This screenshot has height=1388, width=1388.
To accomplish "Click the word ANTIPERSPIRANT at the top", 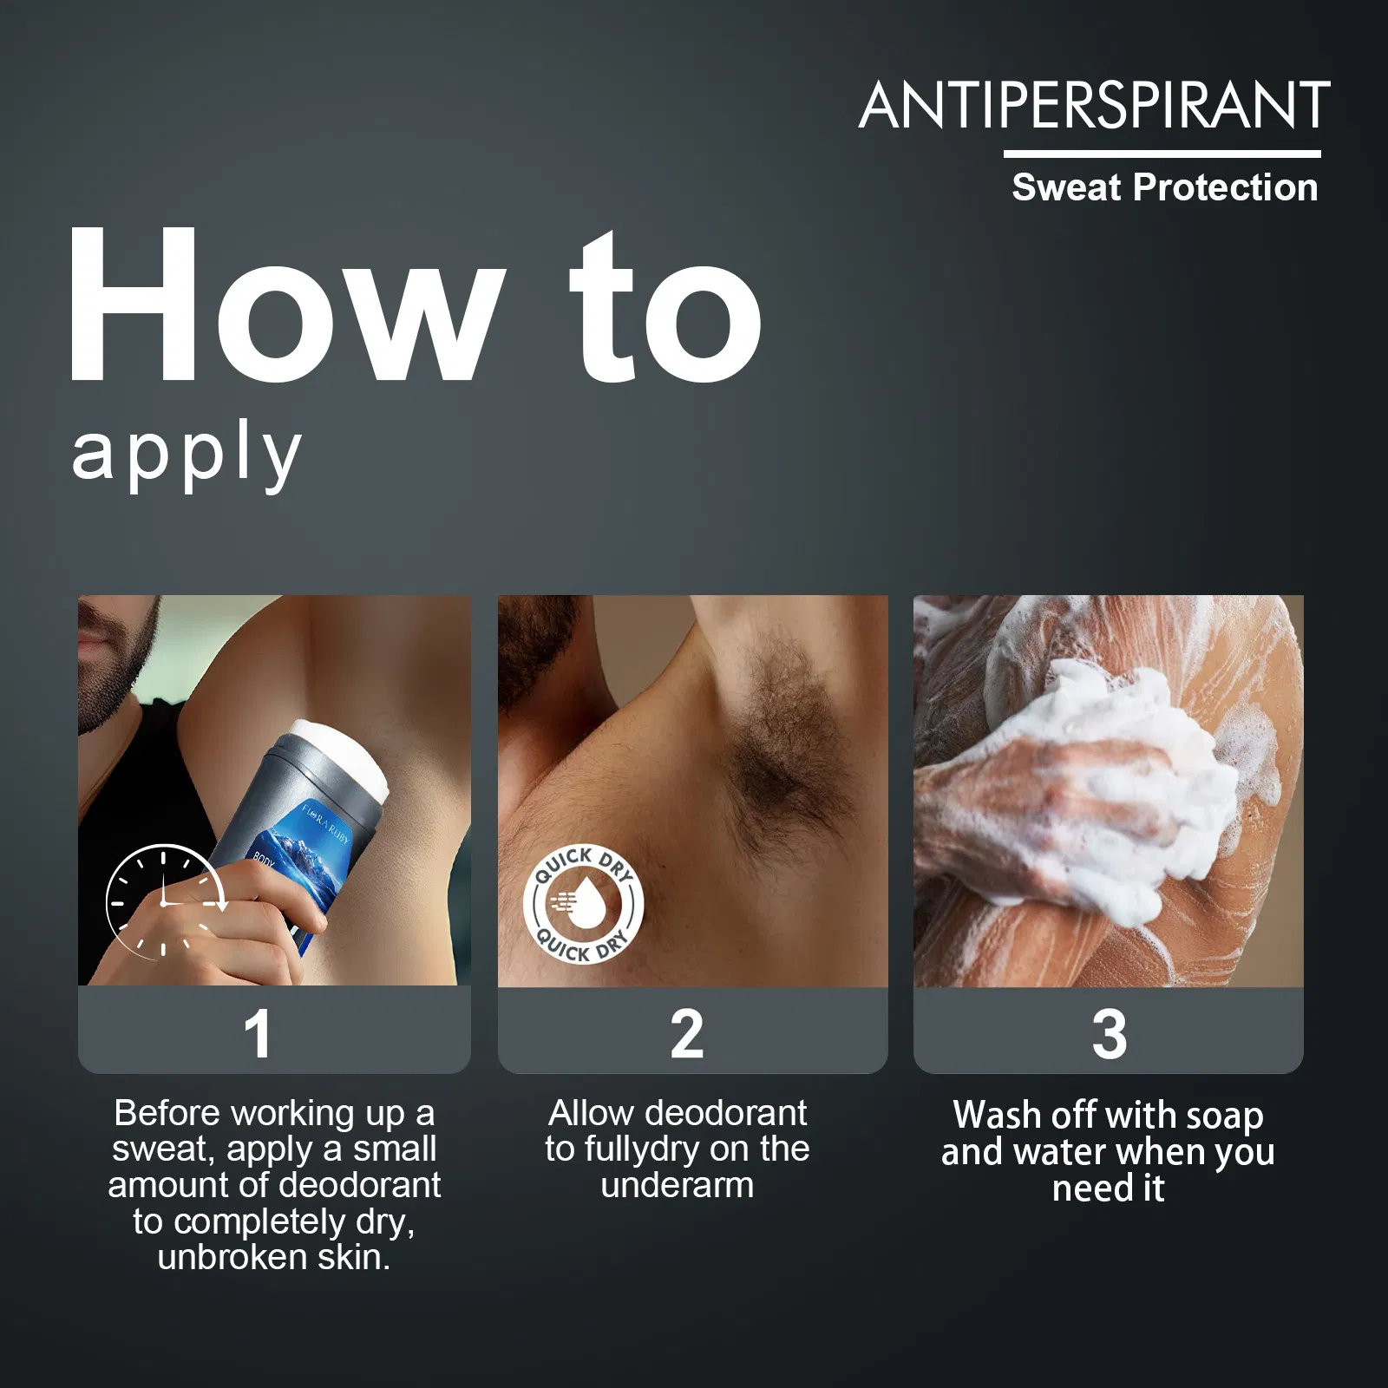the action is (x=1095, y=106).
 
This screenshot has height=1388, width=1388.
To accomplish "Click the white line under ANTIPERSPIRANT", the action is (x=1162, y=154).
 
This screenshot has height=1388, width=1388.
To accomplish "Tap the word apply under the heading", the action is (x=187, y=455).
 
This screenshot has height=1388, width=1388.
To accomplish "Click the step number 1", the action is (x=258, y=1034).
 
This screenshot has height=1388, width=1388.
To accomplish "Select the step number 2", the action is (x=687, y=1034).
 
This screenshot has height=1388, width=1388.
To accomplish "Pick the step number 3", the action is (x=1110, y=1034).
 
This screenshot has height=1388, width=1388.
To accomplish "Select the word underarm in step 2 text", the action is (x=678, y=1186).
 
